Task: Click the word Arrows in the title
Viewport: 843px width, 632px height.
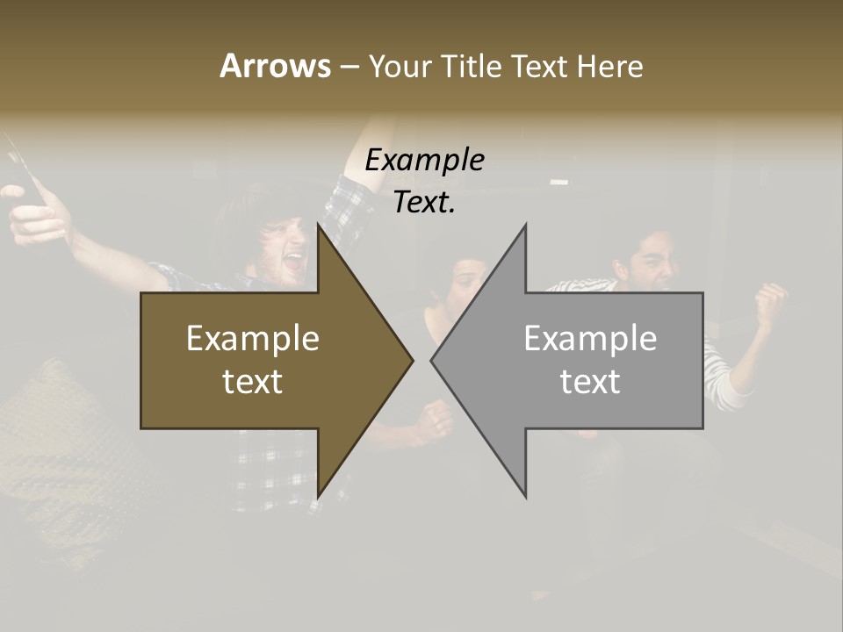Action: tap(275, 66)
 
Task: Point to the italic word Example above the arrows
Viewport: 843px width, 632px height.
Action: tap(424, 160)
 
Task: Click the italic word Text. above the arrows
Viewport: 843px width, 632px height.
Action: tap(424, 202)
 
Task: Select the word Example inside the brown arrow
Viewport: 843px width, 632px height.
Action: tap(252, 338)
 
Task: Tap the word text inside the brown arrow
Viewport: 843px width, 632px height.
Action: tap(252, 381)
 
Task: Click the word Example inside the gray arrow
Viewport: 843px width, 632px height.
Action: tap(590, 338)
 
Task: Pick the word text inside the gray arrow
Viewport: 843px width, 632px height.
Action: tap(590, 381)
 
